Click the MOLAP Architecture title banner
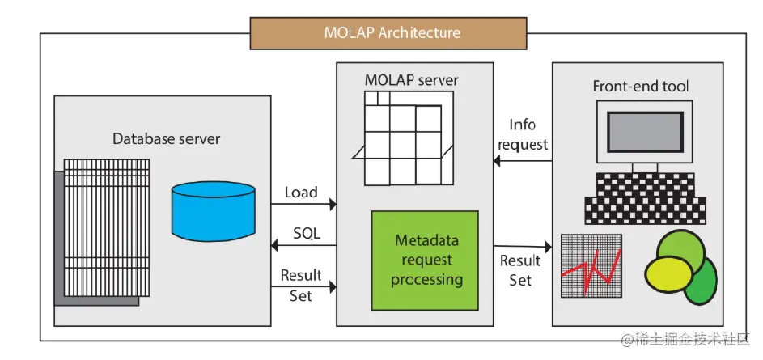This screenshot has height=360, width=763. (x=388, y=33)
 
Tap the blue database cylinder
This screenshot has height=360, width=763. (x=213, y=211)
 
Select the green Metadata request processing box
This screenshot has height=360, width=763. (x=425, y=260)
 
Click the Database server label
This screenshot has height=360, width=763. (x=167, y=138)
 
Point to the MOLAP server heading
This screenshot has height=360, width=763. (x=412, y=79)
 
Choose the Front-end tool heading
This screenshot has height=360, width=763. (x=640, y=87)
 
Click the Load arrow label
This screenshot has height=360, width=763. (x=301, y=192)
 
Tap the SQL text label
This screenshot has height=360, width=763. (x=307, y=233)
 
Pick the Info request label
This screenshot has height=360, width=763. (x=523, y=135)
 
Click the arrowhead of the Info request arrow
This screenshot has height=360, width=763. (x=496, y=160)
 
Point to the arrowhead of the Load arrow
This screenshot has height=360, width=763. (x=333, y=205)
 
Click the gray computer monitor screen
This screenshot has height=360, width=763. (x=645, y=133)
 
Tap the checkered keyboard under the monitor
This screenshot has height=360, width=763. (x=645, y=198)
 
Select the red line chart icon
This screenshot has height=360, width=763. (x=591, y=265)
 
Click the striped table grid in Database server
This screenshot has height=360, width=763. (x=107, y=227)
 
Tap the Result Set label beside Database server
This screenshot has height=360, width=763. (x=301, y=286)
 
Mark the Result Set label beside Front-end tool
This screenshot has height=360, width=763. (x=520, y=270)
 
